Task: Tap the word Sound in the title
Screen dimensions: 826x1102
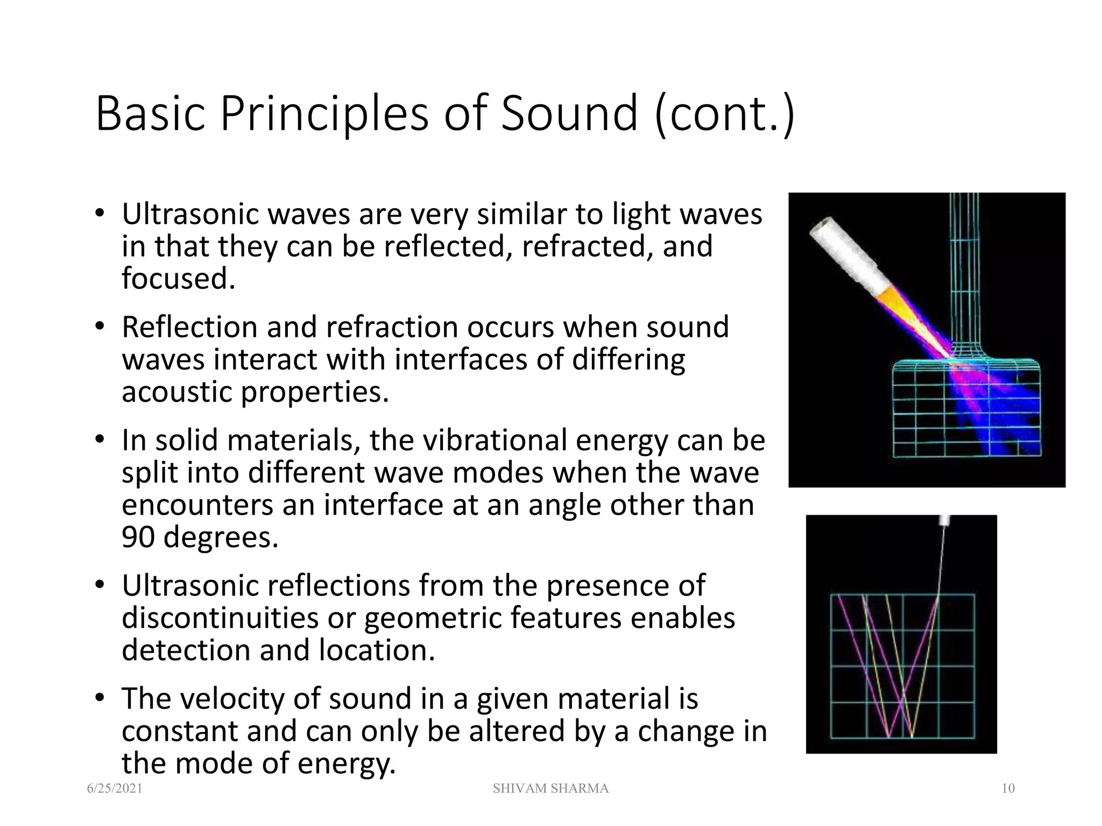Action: click(x=569, y=114)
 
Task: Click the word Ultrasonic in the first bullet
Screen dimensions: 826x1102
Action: click(x=190, y=215)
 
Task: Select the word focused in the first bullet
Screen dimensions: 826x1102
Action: click(x=178, y=279)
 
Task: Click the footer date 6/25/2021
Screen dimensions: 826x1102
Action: click(x=115, y=788)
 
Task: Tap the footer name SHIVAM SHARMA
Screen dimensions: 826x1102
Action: click(x=550, y=788)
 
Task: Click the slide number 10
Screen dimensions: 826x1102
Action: click(x=1008, y=788)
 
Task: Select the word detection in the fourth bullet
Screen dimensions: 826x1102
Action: click(x=186, y=651)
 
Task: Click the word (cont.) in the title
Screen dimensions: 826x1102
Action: click(x=724, y=114)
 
